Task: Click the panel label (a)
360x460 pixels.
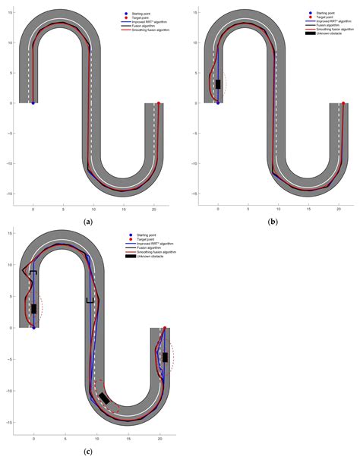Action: tap(90, 220)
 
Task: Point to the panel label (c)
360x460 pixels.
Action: tap(90, 452)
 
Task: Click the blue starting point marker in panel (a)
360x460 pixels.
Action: tap(33, 102)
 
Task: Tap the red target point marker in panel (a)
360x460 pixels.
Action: tap(158, 102)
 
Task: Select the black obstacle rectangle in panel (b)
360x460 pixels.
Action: tap(218, 84)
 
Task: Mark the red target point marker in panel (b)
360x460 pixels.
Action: tap(343, 102)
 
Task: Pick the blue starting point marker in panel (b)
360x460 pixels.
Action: tap(218, 102)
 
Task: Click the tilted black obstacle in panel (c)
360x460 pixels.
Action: tap(104, 398)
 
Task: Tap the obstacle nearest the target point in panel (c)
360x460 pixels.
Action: tap(164, 357)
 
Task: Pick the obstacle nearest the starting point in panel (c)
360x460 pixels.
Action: tap(33, 309)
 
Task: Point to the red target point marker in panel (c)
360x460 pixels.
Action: tap(165, 328)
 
